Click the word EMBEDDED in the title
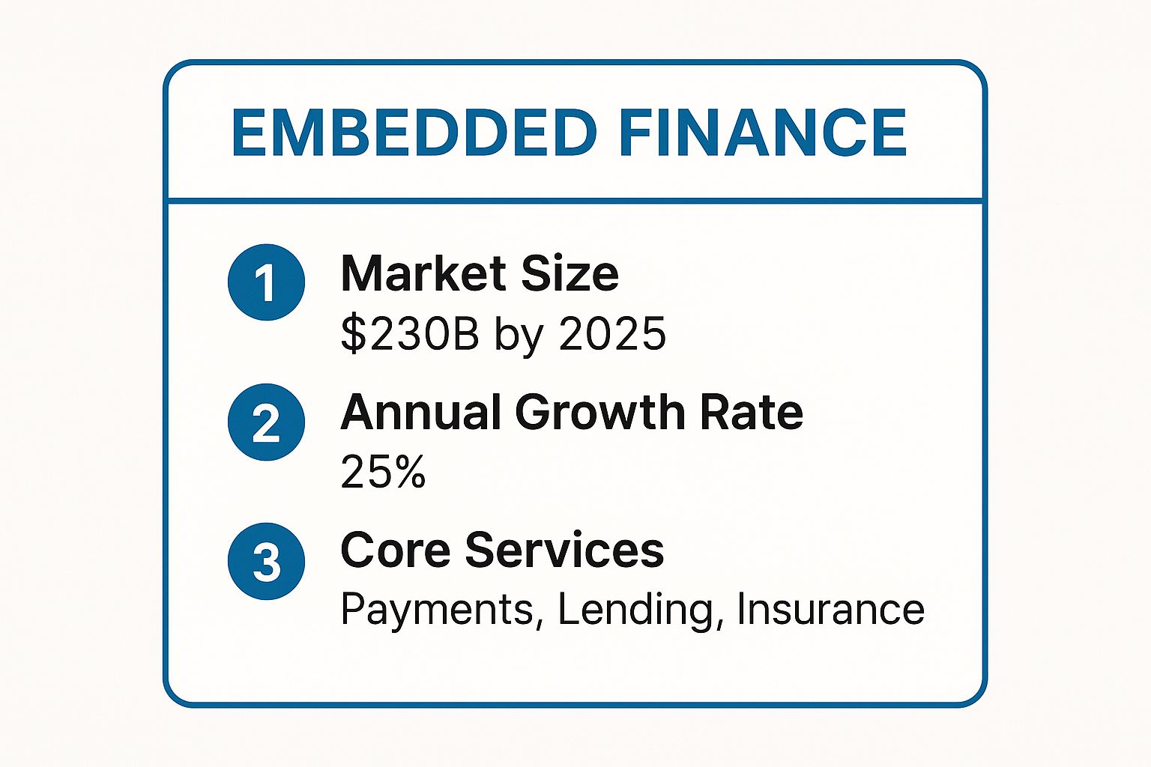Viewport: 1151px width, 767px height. (414, 133)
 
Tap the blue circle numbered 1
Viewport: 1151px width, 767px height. (266, 282)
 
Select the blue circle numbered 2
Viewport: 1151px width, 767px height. (266, 422)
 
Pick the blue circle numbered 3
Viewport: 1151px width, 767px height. (266, 561)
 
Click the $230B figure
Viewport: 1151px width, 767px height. (409, 333)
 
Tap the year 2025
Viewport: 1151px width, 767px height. (612, 333)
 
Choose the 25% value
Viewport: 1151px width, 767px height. (383, 472)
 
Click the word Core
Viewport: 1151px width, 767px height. (396, 550)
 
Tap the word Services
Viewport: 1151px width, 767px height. (564, 550)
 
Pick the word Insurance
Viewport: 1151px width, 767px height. (830, 610)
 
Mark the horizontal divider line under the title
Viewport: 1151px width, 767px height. (575, 201)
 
